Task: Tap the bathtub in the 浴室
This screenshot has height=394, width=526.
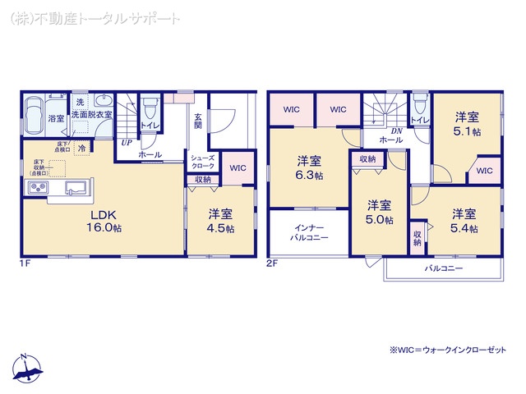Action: (x=35, y=117)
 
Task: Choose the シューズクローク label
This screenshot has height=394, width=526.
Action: (x=202, y=162)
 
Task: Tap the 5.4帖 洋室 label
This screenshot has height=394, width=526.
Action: (x=464, y=221)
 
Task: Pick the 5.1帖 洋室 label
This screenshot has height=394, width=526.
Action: (x=468, y=124)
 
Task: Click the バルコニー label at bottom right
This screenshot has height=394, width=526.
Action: (x=444, y=268)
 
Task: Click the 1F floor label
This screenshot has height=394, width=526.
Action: (x=26, y=263)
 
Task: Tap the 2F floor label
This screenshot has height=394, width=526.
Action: (x=272, y=263)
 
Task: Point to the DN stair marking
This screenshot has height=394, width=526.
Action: (x=395, y=131)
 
